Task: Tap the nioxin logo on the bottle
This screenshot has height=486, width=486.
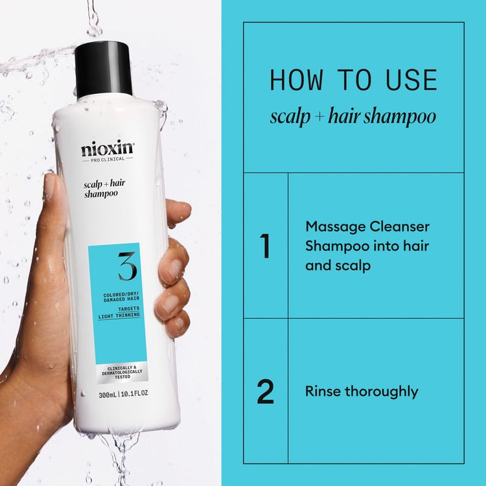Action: tap(107, 149)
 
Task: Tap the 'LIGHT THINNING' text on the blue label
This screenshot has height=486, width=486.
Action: tap(121, 316)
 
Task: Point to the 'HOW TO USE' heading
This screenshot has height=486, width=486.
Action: tap(353, 80)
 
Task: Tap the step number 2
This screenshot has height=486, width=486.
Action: tap(265, 391)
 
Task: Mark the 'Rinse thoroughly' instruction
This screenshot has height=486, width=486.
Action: tap(362, 391)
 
